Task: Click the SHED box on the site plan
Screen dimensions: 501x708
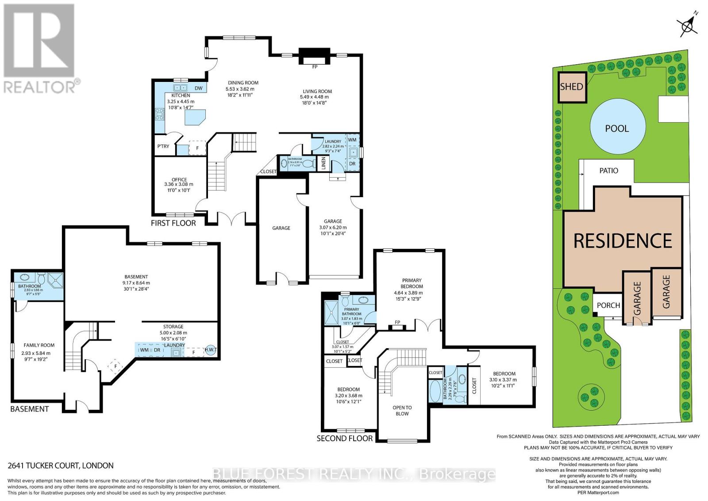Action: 571,87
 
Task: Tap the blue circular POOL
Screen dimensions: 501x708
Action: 617,128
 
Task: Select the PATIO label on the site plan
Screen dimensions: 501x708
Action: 608,171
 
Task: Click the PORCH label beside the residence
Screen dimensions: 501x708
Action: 608,305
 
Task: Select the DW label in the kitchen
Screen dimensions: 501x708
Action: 198,88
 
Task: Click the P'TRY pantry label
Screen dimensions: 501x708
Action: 163,146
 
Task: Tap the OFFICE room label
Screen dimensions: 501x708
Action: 179,179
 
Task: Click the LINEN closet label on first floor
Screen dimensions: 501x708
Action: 323,163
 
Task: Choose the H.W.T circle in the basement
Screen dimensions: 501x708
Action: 211,350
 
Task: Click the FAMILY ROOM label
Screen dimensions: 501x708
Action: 39,345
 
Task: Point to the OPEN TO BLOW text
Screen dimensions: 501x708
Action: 402,411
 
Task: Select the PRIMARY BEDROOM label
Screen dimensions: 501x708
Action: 412,283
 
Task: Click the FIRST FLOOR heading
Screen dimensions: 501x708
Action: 173,223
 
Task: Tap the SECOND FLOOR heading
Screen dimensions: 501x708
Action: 345,439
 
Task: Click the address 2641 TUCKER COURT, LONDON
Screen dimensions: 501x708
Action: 61,466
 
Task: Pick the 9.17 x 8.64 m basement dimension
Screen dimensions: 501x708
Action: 136,283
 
